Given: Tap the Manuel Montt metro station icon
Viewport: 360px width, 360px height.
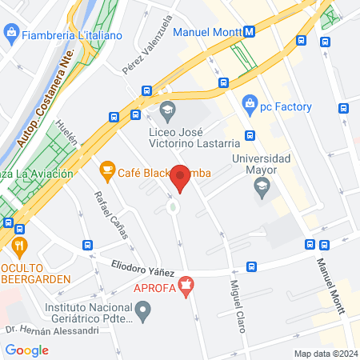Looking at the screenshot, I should click(x=250, y=32).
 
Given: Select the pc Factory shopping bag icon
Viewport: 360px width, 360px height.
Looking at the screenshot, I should click(x=250, y=103).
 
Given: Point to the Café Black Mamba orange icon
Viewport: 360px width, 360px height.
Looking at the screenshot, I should click(x=106, y=170).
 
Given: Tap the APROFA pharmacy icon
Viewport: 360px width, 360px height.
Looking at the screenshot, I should click(x=187, y=286).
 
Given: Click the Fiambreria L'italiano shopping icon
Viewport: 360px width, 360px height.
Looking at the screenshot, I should click(x=11, y=34).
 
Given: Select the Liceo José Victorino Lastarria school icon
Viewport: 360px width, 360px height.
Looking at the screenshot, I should click(x=168, y=109).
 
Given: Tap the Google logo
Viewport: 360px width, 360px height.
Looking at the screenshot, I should click(x=27, y=350).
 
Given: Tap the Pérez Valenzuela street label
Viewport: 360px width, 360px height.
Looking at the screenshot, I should click(x=147, y=47).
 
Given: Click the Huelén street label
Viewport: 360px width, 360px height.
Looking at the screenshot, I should click(x=70, y=146).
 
